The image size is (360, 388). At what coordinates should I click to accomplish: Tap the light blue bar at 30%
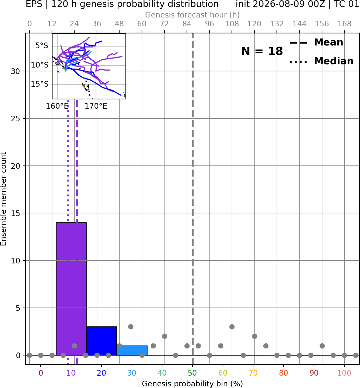(132, 351)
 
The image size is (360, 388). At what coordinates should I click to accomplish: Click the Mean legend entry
(316, 43)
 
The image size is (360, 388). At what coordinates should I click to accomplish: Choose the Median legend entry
(321, 61)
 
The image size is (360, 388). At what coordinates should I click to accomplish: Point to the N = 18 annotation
(262, 51)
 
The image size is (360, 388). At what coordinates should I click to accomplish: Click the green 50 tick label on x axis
(192, 373)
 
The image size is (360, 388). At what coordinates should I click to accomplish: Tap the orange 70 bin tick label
(253, 373)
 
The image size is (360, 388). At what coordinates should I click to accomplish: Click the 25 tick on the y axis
(15, 119)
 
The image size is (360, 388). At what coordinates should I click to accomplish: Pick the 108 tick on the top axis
(232, 24)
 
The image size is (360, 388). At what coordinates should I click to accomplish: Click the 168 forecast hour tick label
(344, 24)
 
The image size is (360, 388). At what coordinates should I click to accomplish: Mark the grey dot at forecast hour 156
(322, 346)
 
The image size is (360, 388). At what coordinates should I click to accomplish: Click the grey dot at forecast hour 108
(232, 327)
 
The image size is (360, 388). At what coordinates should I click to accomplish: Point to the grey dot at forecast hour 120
(254, 336)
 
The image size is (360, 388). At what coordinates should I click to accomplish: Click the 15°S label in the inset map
(40, 84)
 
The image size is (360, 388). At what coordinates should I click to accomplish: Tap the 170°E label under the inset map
(96, 106)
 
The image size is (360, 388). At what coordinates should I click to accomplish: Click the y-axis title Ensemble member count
(3, 199)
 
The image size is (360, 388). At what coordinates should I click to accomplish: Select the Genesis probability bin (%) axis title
(192, 384)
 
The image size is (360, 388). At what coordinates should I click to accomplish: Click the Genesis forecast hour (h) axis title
(192, 15)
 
